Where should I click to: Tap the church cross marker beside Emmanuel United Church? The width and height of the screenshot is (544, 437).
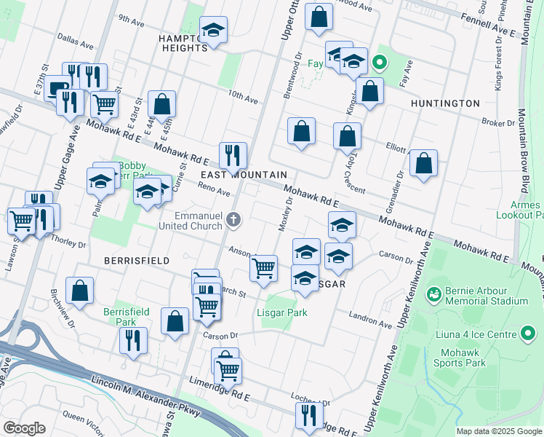pos(233,219)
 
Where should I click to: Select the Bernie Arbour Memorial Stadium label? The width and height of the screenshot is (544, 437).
pos(487,294)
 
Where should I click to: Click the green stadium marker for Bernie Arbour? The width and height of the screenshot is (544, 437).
pos(434,294)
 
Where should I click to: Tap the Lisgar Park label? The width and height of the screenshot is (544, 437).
pos(281,312)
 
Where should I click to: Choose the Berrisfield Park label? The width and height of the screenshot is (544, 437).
pos(126,317)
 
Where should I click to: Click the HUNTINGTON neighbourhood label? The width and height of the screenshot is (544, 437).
pos(445,103)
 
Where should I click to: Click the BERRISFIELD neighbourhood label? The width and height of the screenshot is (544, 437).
pos(137,260)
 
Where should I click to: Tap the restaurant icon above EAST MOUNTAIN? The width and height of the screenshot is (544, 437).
pos(233,155)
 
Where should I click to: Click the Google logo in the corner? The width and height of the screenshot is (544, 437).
pos(23,428)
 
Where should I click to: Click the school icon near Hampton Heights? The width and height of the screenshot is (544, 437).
pos(214,30)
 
